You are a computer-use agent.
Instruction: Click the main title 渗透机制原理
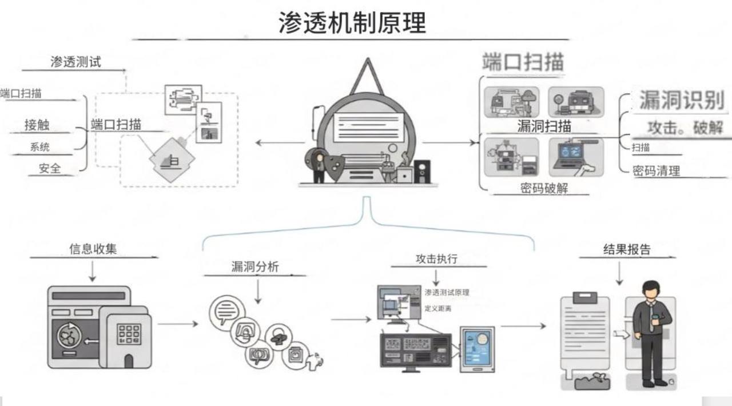[x=352, y=23]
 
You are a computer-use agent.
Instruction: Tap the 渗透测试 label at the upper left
[x=75, y=62]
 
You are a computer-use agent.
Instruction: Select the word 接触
[x=37, y=125]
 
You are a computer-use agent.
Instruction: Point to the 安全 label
[x=50, y=168]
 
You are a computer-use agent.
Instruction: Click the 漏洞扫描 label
[x=544, y=125]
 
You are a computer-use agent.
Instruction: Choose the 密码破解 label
[x=544, y=188]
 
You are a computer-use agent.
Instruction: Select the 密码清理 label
[x=656, y=170]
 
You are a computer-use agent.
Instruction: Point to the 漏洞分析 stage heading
[x=254, y=266]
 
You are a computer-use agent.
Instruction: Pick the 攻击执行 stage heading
[x=436, y=258]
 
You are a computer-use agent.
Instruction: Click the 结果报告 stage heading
[x=627, y=249]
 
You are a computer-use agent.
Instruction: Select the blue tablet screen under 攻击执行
[x=477, y=349]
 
